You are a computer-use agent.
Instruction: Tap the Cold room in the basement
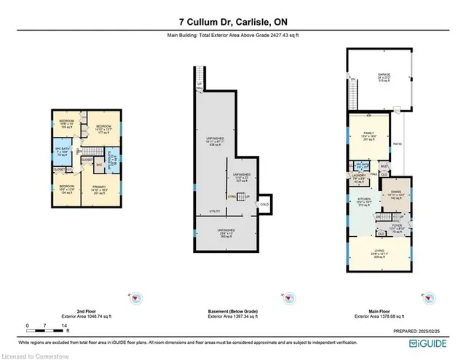tap(264, 204)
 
